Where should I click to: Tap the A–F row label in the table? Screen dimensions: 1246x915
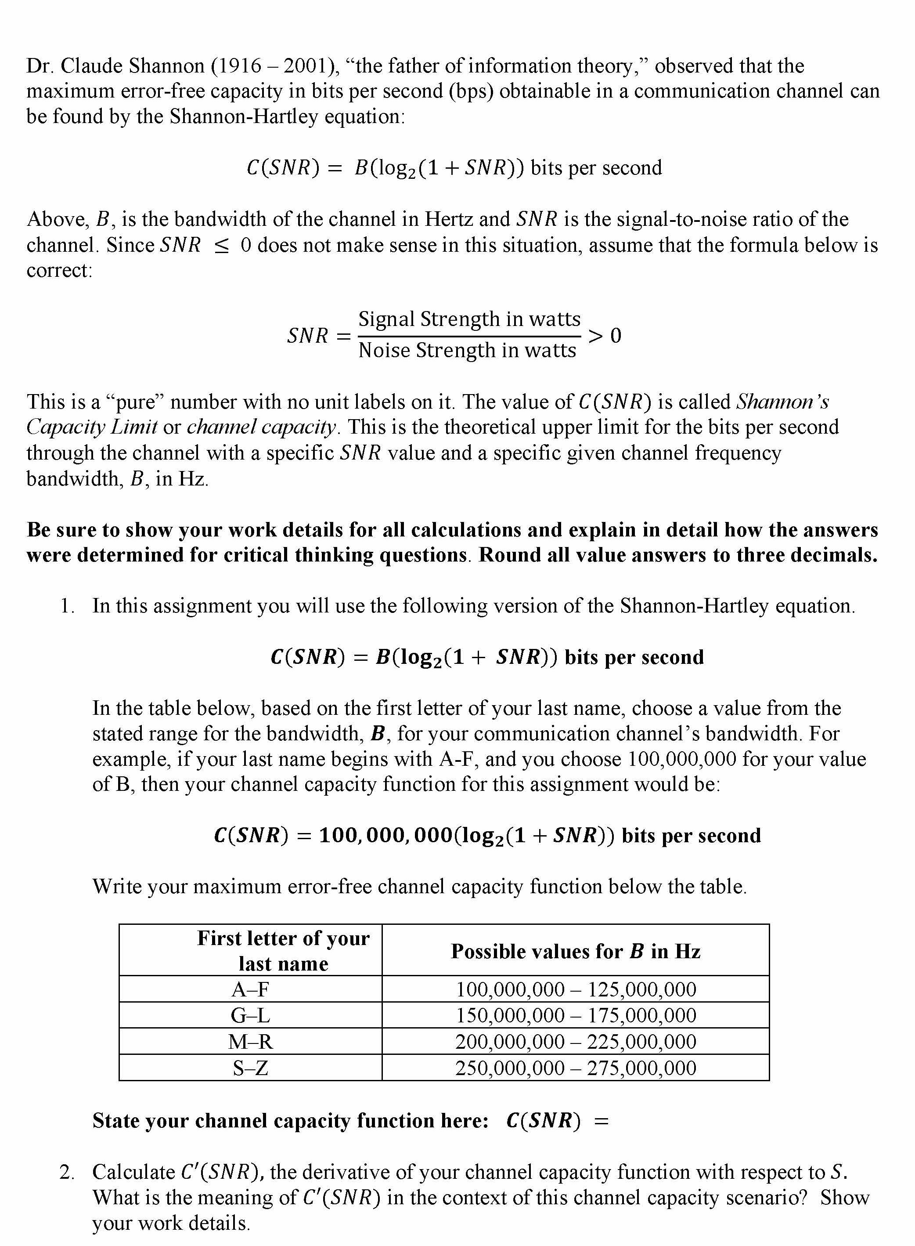click(250, 989)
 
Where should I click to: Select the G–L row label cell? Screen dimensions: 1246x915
click(250, 1015)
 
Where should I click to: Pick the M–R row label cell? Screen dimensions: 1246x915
click(250, 1041)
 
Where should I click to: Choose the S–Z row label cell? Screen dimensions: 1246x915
click(250, 1068)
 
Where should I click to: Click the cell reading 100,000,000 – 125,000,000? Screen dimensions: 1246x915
click(576, 989)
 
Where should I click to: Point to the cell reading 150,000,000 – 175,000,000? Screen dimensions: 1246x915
click(576, 1015)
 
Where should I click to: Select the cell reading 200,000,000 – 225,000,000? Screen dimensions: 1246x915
click(576, 1041)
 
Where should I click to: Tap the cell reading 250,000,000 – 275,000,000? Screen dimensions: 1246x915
click(576, 1068)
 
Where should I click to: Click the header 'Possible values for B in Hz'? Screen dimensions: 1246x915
click(576, 951)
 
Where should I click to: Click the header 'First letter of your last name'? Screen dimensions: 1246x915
click(283, 951)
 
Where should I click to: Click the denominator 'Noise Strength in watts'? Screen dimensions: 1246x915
click(467, 350)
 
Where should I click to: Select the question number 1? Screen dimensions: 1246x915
click(67, 606)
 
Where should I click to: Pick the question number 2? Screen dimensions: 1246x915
click(67, 1172)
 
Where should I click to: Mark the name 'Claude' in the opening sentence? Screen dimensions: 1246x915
click(91, 66)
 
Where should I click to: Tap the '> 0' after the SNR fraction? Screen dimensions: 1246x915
click(605, 335)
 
